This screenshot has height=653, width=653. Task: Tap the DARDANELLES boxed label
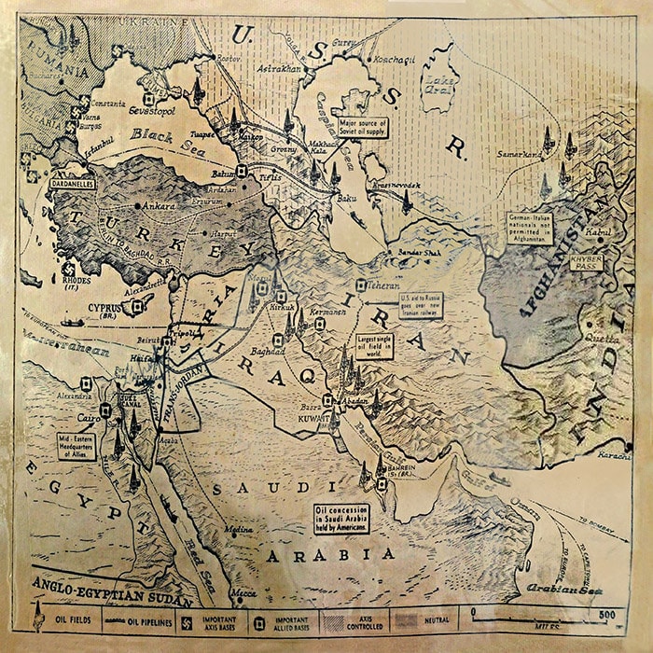(74, 185)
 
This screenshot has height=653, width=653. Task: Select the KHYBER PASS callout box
(586, 262)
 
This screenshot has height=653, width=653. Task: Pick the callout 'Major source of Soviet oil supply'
(362, 127)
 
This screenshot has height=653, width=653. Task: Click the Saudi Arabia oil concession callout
(340, 518)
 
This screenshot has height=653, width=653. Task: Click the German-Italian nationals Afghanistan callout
(530, 228)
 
